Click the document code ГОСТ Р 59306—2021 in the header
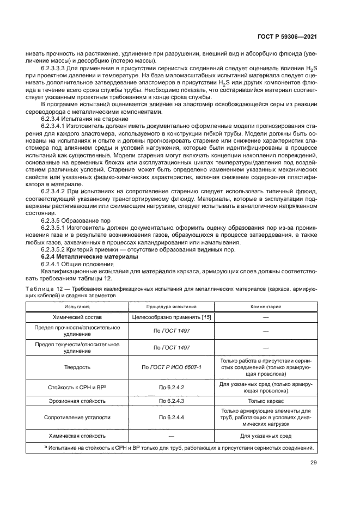coord(288,38)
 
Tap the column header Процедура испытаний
coord(171,307)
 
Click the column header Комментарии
coord(265,307)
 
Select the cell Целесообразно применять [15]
coord(171,316)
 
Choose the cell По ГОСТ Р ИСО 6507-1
coord(171,367)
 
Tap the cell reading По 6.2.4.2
coord(171,387)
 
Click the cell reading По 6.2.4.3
coord(171,401)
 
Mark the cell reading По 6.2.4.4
coord(171,418)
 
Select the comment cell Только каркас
coord(265,401)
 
